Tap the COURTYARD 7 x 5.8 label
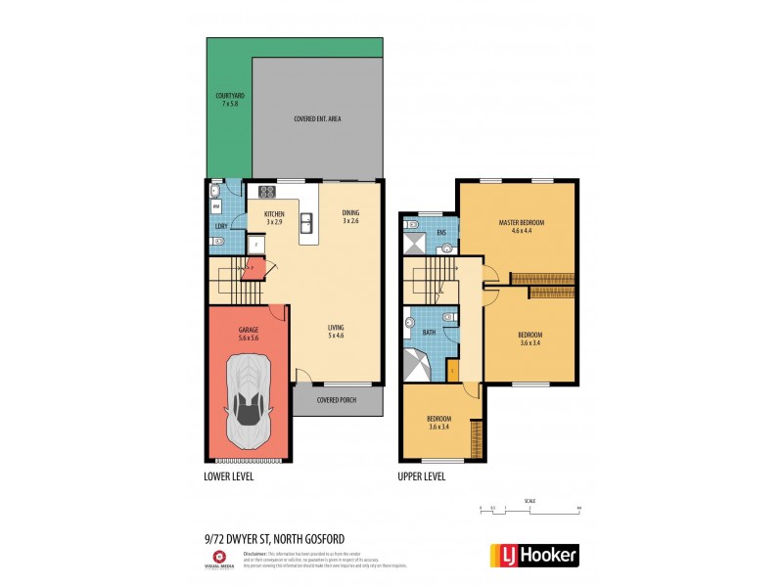click(231, 99)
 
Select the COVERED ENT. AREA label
click(317, 119)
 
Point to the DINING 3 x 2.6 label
click(351, 217)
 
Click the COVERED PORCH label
click(336, 400)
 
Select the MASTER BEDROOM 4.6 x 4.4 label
click(521, 226)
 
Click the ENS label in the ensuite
click(441, 232)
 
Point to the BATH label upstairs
click(429, 333)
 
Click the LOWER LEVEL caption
click(229, 476)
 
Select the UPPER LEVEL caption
click(422, 476)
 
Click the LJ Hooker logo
click(533, 555)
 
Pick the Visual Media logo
click(218, 557)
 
